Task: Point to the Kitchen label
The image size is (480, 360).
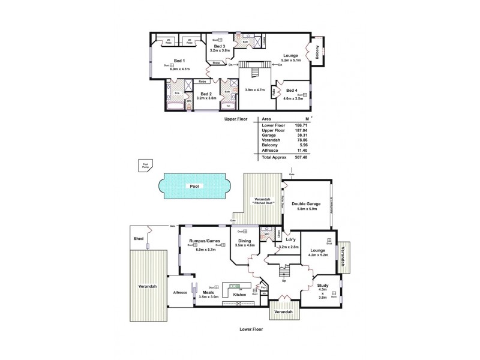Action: pos(239,295)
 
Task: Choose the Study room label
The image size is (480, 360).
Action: pos(322,287)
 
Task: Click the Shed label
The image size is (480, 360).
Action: pos(139,239)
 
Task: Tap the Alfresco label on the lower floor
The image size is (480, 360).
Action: pos(181,292)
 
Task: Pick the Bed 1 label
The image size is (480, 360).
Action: pos(179,61)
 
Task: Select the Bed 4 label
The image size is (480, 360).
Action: pos(292,91)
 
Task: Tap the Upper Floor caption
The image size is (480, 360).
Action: pos(236,119)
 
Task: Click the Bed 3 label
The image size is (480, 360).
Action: pos(220,46)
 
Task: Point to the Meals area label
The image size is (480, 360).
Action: pos(217,292)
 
